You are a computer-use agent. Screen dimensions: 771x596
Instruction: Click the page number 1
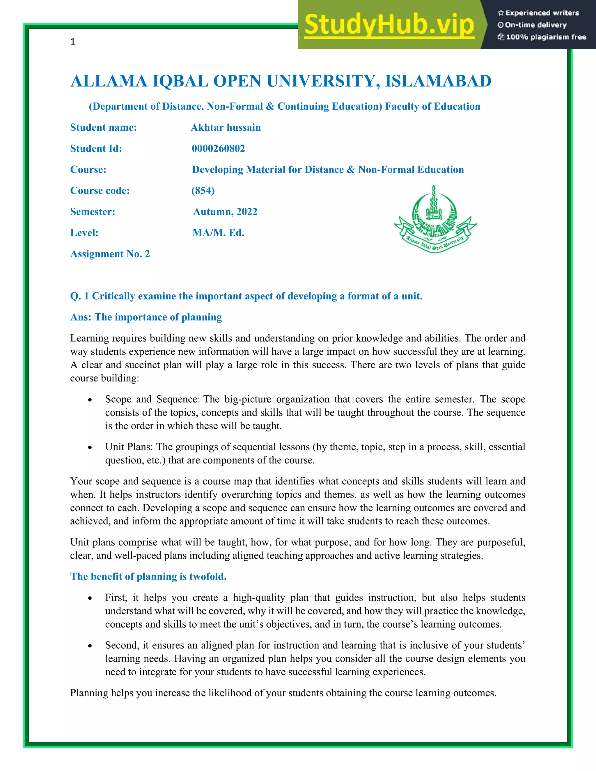pos(73,42)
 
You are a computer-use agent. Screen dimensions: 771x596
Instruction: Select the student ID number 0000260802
pos(218,148)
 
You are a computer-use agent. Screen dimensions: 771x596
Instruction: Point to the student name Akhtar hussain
pos(226,127)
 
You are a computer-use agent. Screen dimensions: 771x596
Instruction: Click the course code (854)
pos(203,191)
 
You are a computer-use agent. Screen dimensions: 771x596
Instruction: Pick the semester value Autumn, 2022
pos(225,212)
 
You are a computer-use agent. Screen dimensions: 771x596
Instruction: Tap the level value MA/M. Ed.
pos(218,233)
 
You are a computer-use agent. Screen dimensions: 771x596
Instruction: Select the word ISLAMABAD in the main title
pos(438,81)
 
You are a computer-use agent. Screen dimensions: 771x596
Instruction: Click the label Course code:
pos(100,191)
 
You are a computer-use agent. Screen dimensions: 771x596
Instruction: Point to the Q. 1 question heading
pos(246,296)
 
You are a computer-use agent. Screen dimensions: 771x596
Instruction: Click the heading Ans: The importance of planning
pos(146,317)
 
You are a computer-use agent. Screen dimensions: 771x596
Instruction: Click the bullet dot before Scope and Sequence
pos(90,400)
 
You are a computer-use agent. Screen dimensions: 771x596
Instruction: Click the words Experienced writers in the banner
pos(542,13)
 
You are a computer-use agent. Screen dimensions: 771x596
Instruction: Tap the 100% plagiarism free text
pos(546,37)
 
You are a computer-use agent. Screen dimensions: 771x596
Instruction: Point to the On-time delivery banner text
pos(536,25)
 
